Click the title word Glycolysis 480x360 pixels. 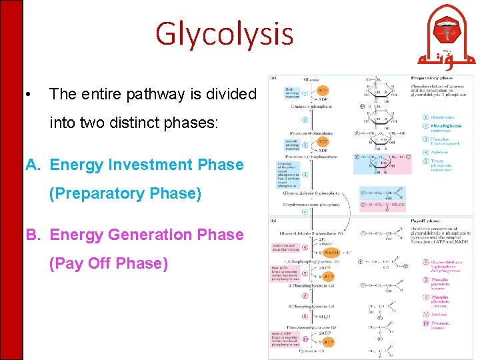coord(224,34)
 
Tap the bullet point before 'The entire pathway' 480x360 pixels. coord(26,95)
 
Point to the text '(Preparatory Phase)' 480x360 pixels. coord(125,193)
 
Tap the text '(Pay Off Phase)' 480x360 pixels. coord(109,263)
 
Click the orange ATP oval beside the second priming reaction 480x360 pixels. coord(323,142)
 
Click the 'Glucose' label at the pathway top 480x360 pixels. coord(311,80)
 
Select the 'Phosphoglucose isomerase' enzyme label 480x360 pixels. coord(445,127)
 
